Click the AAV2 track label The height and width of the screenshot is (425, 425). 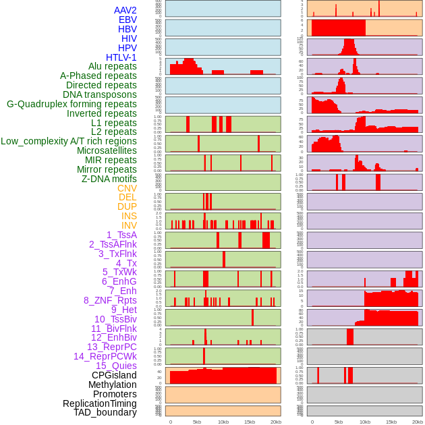(x=125, y=10)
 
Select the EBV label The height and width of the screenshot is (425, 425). (x=128, y=20)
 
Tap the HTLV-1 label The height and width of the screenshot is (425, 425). (x=121, y=57)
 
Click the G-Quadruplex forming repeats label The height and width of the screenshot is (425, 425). (x=72, y=104)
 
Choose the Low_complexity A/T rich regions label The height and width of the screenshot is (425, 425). (x=69, y=141)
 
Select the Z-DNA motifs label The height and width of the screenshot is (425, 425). (x=109, y=179)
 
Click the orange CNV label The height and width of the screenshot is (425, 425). (x=127, y=188)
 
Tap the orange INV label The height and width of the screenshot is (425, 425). (x=129, y=225)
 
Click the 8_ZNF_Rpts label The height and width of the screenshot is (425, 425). (x=110, y=300)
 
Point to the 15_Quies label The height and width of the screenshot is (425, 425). (x=116, y=366)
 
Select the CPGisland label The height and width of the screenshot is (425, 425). (x=114, y=375)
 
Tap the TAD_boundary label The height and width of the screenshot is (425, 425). (x=105, y=412)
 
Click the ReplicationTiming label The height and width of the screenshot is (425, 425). (x=100, y=403)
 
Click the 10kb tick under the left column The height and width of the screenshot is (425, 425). (x=223, y=422)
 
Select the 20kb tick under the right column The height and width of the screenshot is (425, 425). (x=418, y=422)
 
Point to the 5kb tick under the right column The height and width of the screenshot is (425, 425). (x=338, y=422)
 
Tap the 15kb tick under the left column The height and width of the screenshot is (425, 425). (x=250, y=422)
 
